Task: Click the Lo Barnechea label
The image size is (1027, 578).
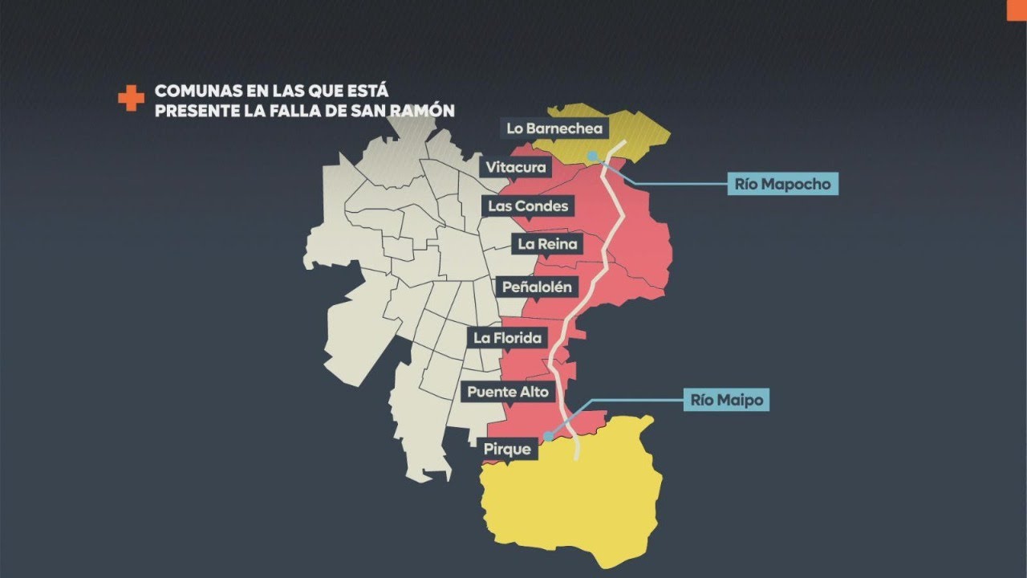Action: (554, 128)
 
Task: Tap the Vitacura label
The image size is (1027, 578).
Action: (515, 167)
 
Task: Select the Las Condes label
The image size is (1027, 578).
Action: (528, 206)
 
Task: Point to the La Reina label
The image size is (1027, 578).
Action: (547, 244)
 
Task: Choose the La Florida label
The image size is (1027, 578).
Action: (507, 338)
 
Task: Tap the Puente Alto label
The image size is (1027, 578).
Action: (508, 393)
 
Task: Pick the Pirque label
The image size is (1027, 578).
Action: (508, 450)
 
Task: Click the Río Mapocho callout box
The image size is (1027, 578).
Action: (783, 184)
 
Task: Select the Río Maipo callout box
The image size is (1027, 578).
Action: (726, 399)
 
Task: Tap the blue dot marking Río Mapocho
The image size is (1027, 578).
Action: (592, 155)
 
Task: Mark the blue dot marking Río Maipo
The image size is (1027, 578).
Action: (548, 436)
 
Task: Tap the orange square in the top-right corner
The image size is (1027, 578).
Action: (1017, 7)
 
